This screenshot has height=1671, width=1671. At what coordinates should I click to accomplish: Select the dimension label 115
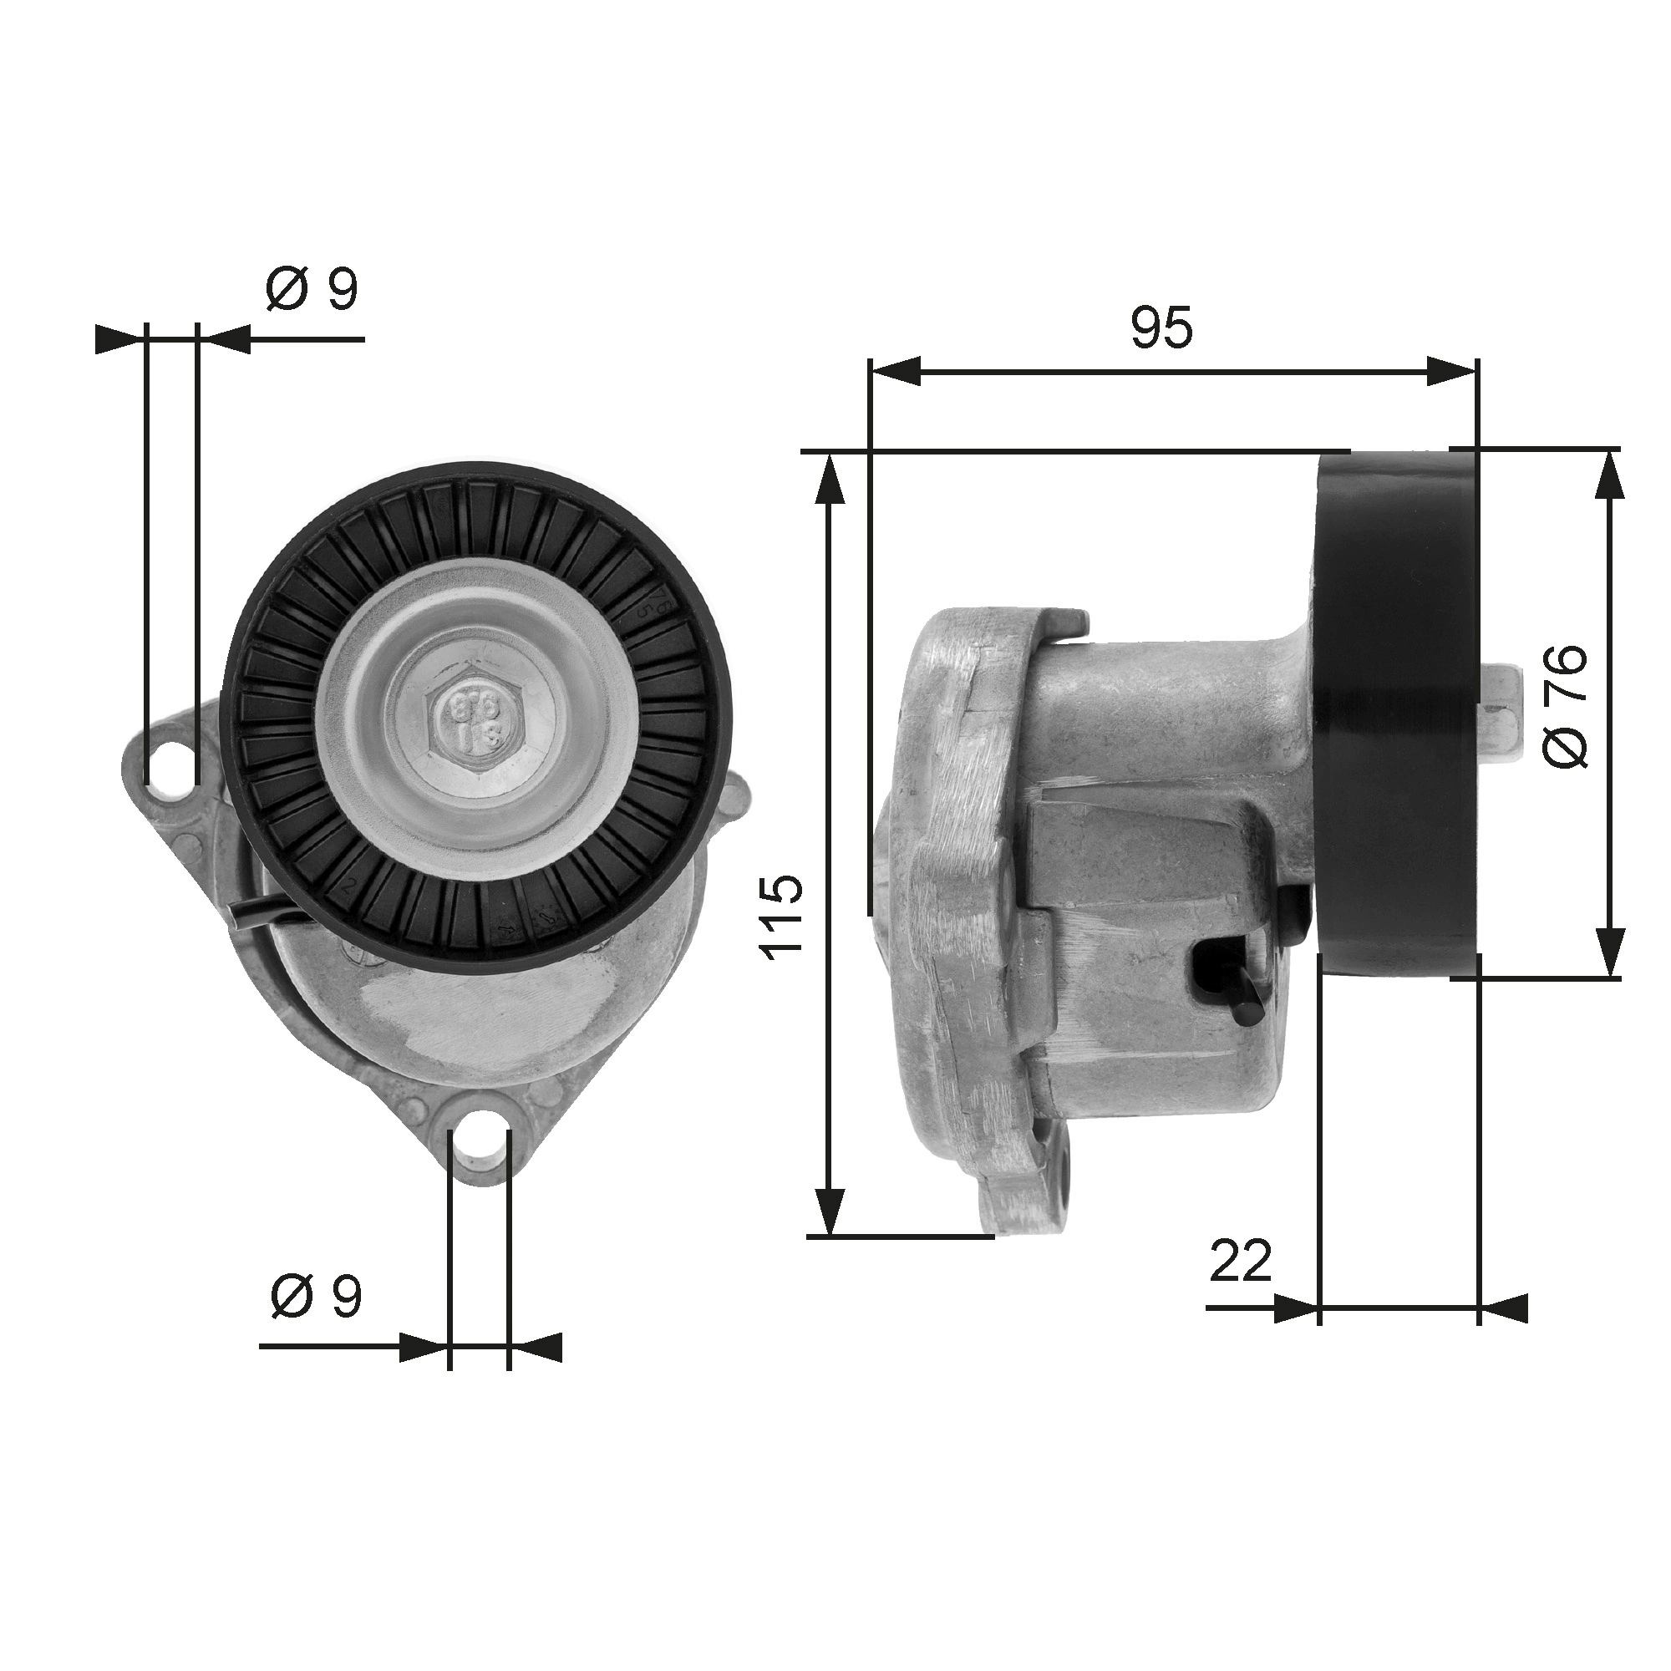point(782,915)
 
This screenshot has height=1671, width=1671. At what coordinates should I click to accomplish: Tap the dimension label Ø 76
point(1567,707)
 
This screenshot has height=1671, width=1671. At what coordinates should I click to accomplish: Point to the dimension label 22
point(1240,1262)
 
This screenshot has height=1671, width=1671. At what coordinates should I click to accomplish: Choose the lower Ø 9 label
point(316,1322)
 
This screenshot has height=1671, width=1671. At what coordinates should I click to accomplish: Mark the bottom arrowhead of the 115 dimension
point(830,1211)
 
